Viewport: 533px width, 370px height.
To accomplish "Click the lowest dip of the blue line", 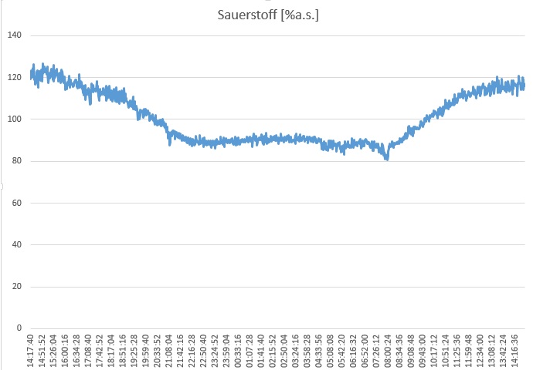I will [x=387, y=158].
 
